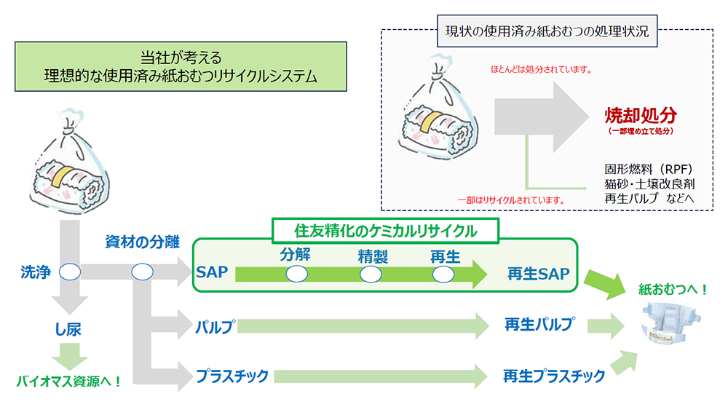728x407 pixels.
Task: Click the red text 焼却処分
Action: tap(641, 115)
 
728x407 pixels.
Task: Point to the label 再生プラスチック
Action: tap(554, 376)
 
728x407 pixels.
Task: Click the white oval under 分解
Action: tap(297, 274)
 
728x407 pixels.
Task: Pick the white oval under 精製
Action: tap(371, 274)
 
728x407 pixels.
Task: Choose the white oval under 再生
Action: tap(443, 274)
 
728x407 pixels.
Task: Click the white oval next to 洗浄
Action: tap(70, 272)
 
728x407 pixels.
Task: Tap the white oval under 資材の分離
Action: tap(142, 272)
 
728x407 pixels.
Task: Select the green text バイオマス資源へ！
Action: tap(69, 380)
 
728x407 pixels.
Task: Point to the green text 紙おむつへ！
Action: tap(673, 289)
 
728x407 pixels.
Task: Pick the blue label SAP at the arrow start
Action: tap(212, 273)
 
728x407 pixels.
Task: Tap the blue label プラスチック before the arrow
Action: tap(232, 376)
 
